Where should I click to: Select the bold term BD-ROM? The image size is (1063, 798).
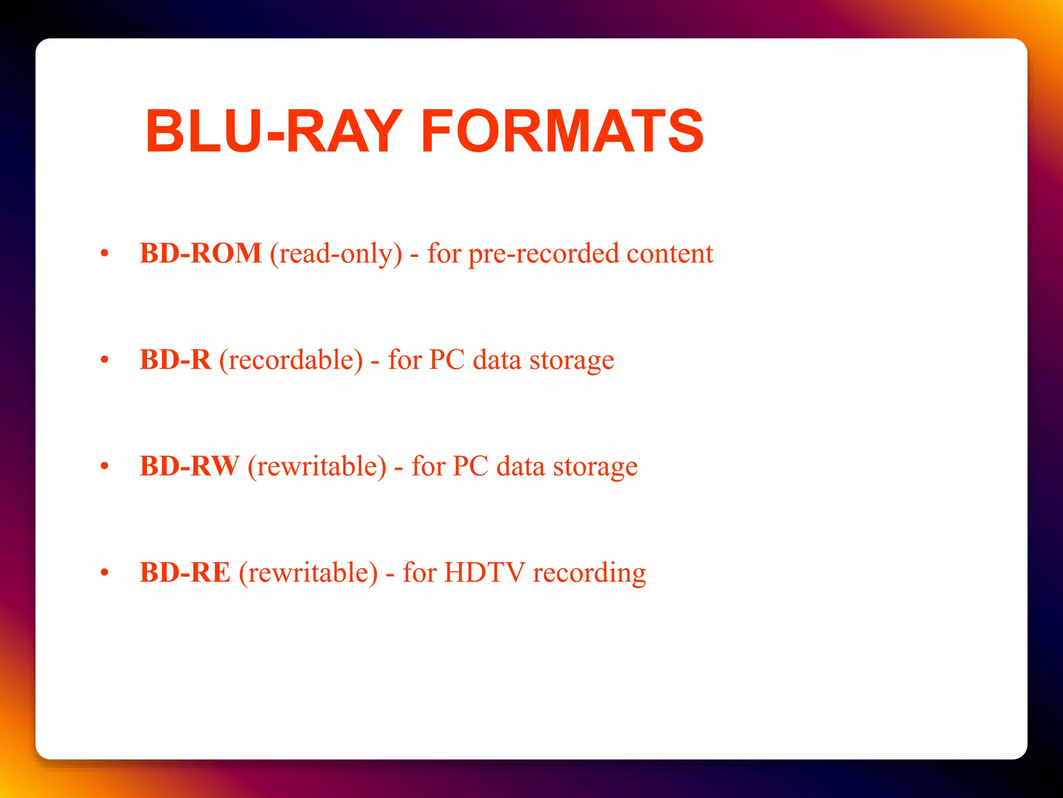click(200, 254)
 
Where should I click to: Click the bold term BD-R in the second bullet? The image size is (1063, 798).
click(175, 360)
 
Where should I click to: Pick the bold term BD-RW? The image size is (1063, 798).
click(189, 466)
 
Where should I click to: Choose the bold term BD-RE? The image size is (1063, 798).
click(185, 573)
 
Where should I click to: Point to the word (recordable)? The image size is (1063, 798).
click(291, 360)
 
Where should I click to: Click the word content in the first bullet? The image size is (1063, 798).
click(670, 254)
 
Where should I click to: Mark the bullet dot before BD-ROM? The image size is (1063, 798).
click(104, 254)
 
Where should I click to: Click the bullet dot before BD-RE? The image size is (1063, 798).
click(104, 573)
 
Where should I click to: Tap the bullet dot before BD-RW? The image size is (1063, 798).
click(104, 467)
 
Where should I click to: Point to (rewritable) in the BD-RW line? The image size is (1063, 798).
click(317, 467)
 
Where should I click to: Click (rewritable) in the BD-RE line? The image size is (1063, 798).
click(308, 573)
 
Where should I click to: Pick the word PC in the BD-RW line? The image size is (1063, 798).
click(470, 466)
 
